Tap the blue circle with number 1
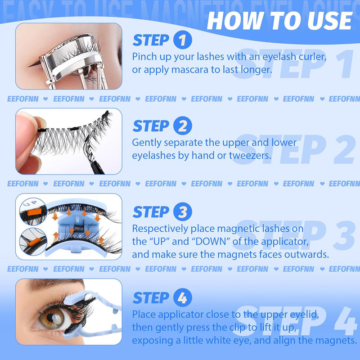coord(182,40)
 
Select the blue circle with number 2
coord(182,126)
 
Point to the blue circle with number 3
coord(182,211)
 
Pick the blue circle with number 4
coord(182,298)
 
